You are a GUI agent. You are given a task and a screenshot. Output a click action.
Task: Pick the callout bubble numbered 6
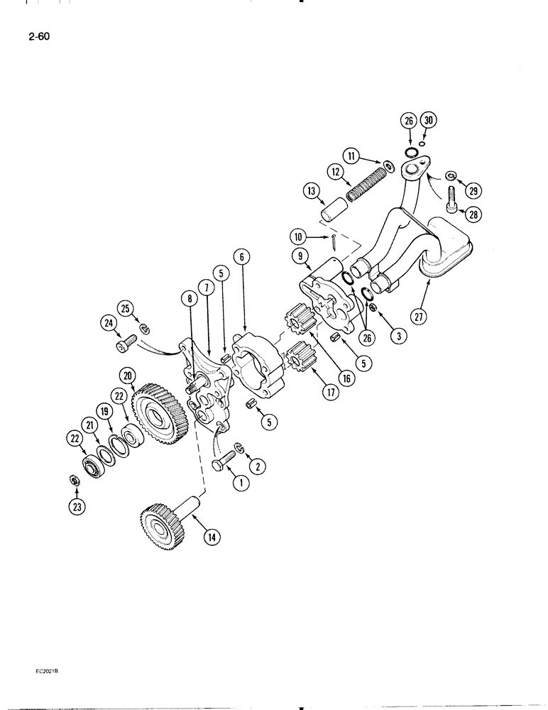coord(243,258)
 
